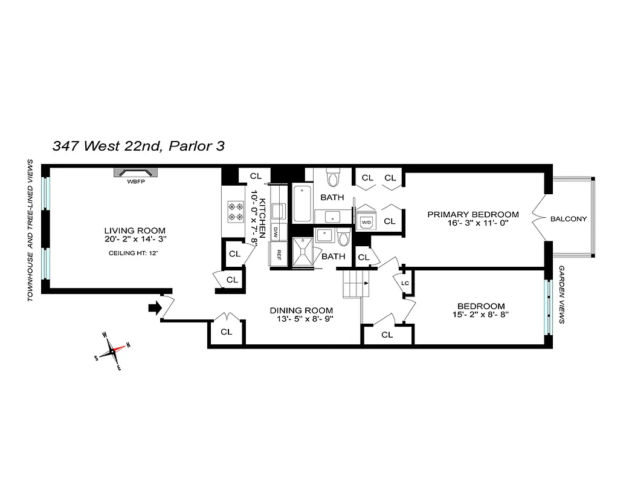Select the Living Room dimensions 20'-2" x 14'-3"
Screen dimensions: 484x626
coord(134,240)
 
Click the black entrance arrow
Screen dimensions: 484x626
coord(155,309)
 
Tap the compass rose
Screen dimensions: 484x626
coord(112,351)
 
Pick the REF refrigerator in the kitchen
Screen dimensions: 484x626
coord(279,254)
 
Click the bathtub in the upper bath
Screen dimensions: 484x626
coord(302,204)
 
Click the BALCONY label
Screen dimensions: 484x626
coord(569,219)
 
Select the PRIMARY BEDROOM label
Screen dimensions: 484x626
coord(473,214)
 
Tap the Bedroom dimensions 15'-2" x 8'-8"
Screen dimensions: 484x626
coord(481,316)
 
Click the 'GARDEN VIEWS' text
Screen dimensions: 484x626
coord(561,295)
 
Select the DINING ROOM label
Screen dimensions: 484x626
coord(301,310)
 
